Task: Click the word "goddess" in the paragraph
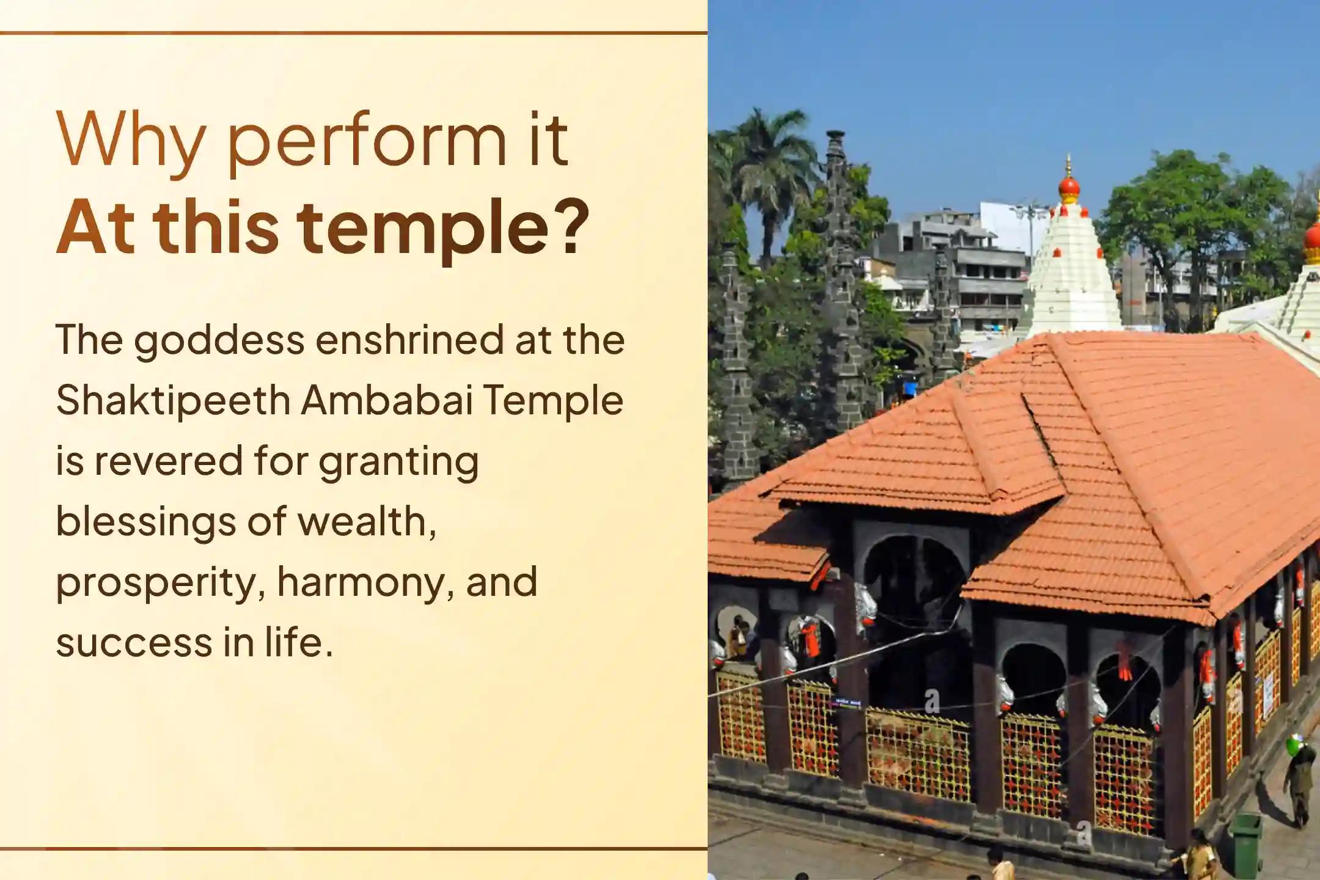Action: pos(219,341)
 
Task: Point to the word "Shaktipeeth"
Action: pos(173,402)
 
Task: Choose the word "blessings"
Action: pos(145,522)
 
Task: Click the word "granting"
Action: pos(398,463)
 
